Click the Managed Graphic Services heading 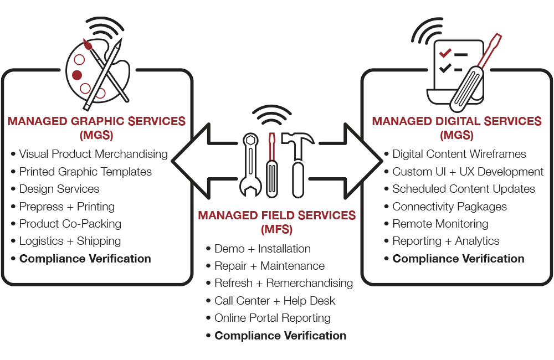coord(96,121)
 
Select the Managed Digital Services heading coord(456,121)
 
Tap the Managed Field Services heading coord(277,215)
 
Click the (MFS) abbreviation coord(277,228)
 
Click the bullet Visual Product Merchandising coord(93,154)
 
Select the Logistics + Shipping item coord(70,241)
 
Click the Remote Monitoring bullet coord(440,224)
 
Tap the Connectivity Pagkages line coord(449,207)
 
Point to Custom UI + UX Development coord(468,172)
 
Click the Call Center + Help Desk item coord(275,301)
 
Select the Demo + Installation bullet coord(262,249)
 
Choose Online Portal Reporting coord(272,318)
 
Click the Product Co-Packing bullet coord(70,224)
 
